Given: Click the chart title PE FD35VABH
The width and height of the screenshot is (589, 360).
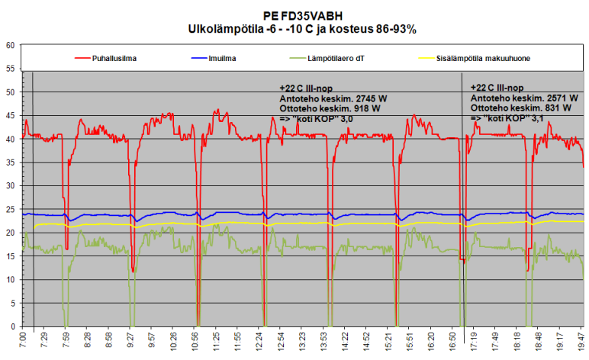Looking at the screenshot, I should (302, 15).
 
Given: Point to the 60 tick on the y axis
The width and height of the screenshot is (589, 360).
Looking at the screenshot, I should (11, 45).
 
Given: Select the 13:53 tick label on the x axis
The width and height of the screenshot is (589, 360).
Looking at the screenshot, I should (326, 340).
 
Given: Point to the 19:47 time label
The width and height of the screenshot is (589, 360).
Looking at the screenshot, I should (582, 340).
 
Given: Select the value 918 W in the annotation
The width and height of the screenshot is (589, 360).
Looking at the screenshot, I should (365, 108).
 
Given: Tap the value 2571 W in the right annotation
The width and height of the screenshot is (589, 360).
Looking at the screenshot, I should (557, 98).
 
